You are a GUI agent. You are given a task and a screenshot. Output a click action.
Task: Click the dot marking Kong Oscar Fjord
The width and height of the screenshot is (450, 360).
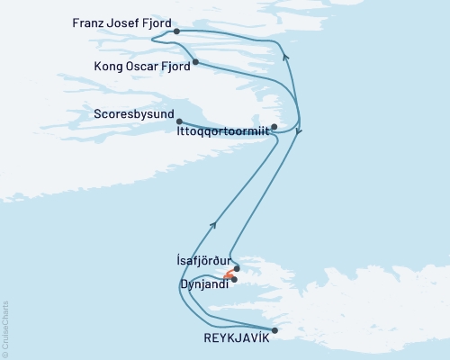pos(194,63)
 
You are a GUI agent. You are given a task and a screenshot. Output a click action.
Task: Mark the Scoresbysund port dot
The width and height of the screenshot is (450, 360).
pos(180,121)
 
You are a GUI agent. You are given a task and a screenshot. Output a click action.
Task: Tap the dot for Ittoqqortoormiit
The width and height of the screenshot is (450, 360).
pos(274,127)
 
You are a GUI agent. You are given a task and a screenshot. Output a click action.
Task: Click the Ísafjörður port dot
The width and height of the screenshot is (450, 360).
pos(237,267)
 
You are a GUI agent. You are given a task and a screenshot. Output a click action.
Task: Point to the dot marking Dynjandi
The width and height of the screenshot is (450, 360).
pos(234,280)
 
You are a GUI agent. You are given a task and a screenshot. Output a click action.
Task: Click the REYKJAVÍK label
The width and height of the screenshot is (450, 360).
pos(230,337)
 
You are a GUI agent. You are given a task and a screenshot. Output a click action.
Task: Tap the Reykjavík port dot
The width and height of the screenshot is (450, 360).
pos(274,330)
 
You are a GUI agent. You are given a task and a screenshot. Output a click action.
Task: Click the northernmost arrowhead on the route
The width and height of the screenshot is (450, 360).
pos(285,57)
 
